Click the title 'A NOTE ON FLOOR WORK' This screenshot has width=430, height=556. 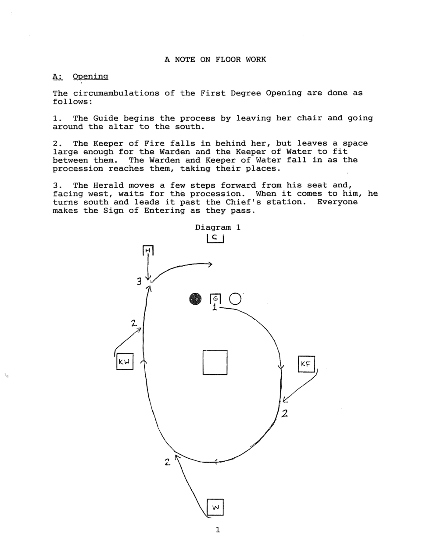tap(215, 59)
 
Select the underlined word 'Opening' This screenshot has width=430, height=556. tap(90, 77)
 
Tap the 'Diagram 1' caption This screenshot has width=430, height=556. tap(218, 227)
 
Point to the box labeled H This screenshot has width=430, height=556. tap(148, 250)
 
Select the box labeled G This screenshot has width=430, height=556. tap(215, 299)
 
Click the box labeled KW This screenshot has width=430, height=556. tap(125, 362)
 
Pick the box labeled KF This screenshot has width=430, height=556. tap(306, 364)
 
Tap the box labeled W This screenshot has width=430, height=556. tap(215, 507)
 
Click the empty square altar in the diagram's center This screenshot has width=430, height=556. tap(215, 363)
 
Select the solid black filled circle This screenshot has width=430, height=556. tap(195, 299)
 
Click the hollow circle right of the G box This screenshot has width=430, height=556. tap(235, 299)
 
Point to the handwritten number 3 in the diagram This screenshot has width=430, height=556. tap(139, 282)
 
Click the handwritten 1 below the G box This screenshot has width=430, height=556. tap(215, 307)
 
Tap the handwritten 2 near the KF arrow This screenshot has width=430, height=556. tap(285, 413)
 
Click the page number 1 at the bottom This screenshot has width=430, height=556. tap(218, 530)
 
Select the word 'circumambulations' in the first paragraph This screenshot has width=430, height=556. tap(116, 93)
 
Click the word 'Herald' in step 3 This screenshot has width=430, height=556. tap(108, 185)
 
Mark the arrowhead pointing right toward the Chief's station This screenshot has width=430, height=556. tap(210, 264)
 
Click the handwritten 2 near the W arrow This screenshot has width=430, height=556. tap(167, 462)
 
